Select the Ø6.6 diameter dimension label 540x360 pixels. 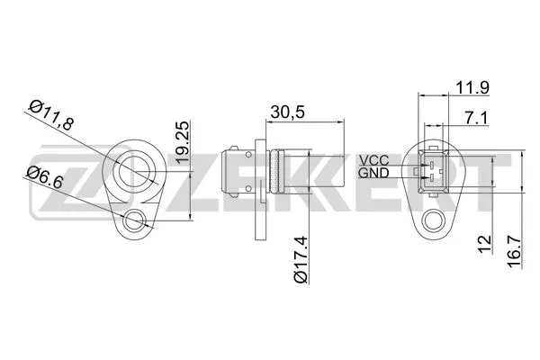(42, 178)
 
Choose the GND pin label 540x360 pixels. (373, 172)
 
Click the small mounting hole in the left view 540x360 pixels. (135, 219)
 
